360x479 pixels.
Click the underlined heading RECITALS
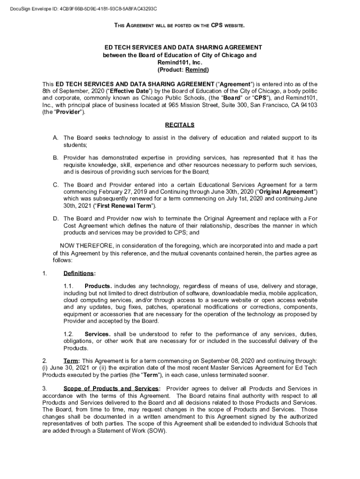180,125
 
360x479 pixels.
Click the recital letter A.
56,138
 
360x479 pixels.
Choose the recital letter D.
56,218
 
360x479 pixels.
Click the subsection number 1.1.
69,286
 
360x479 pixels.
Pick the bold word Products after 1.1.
98,286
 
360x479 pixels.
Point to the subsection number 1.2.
69,334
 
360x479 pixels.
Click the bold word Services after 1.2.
97,334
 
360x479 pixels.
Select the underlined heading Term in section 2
72,361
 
